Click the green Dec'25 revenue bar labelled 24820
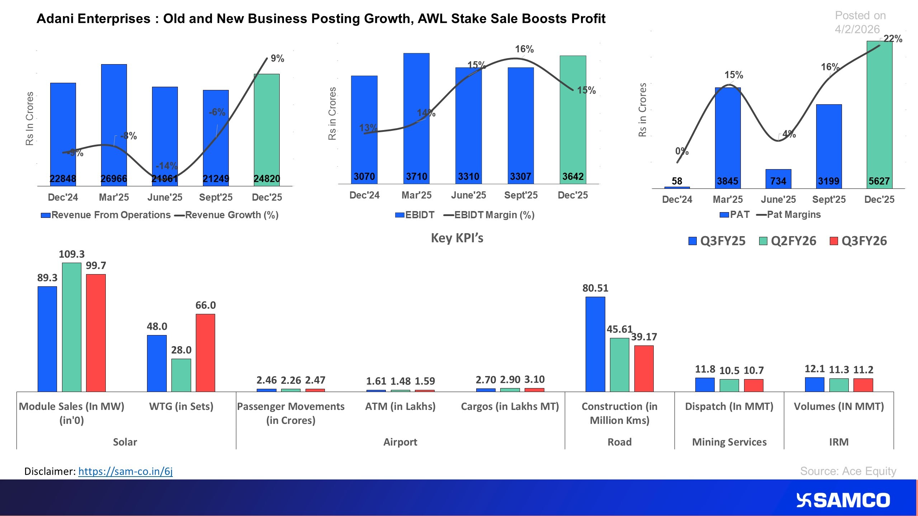coord(266,129)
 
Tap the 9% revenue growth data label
coord(277,58)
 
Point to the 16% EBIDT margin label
coord(524,49)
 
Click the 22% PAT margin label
coord(893,39)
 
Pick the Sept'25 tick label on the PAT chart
coord(829,200)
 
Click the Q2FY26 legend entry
coord(787,241)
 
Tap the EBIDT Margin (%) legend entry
coord(489,215)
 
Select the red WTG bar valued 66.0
coord(205,353)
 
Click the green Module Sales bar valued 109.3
coord(72,327)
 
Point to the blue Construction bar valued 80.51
coord(595,344)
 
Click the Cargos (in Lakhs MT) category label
coord(510,406)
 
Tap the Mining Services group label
coord(729,442)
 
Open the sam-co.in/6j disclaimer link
coord(125,471)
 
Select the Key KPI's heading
coord(457,238)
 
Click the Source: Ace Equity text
coord(848,471)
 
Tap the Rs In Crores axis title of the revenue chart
coord(29,119)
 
